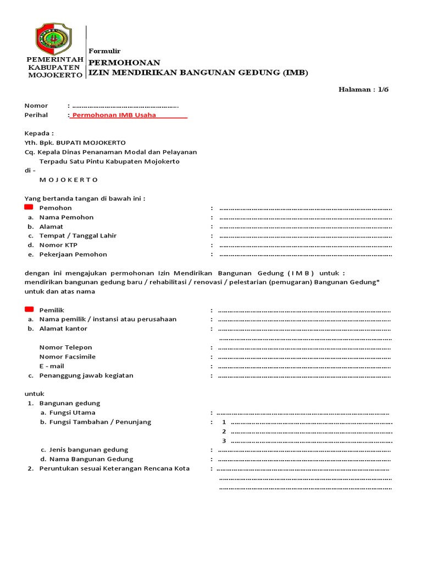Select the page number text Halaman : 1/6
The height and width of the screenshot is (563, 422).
click(363, 89)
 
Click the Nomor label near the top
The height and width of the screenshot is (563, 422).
click(36, 106)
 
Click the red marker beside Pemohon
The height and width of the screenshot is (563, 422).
click(29, 207)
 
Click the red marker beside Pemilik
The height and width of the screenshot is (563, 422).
click(29, 310)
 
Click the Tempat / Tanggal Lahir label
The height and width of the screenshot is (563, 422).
click(77, 236)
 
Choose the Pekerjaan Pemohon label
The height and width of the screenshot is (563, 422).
click(73, 255)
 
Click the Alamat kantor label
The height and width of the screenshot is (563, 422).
click(63, 329)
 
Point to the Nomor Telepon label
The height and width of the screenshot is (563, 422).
click(65, 347)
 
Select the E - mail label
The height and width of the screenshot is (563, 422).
click(52, 366)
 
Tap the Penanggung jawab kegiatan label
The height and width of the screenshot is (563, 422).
click(86, 376)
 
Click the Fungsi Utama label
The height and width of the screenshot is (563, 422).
click(72, 412)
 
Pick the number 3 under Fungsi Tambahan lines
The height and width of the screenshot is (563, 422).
click(224, 441)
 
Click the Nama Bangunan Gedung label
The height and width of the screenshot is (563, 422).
click(91, 459)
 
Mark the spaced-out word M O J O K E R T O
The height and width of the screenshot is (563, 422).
click(69, 180)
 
